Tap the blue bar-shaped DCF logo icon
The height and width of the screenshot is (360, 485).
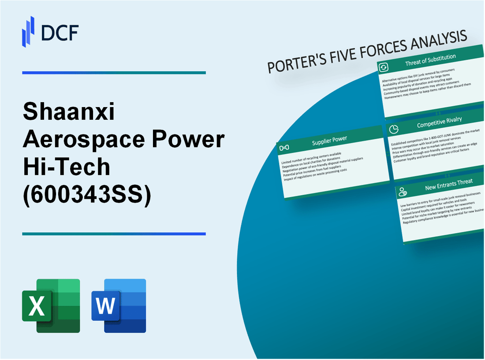(x=28, y=31)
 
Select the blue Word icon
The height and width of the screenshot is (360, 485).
(x=119, y=305)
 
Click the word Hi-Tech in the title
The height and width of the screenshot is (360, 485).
(x=66, y=167)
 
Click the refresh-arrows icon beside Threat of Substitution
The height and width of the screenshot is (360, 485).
(x=384, y=67)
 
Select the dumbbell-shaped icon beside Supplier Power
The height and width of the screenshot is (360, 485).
(x=284, y=147)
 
